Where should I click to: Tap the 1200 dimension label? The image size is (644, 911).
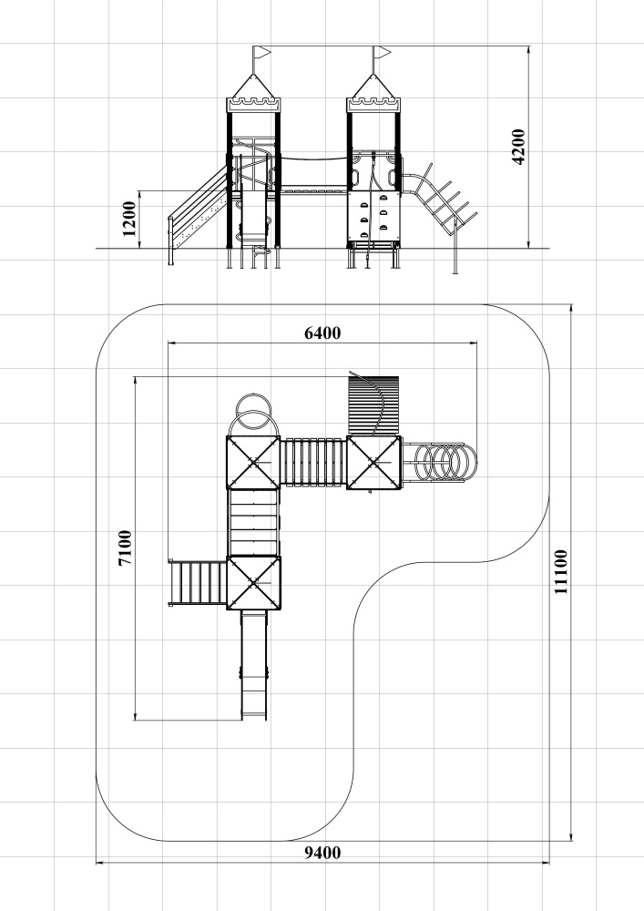pos(129,219)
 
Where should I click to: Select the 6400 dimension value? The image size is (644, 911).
pos(322,333)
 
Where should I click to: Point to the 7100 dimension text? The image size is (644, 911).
pos(125,548)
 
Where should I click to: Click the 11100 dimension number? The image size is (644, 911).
pos(560,572)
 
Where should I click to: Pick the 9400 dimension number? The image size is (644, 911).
pos(322,853)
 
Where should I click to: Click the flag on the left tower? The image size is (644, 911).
pos(262,53)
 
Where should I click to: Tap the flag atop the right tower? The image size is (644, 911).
pos(382,53)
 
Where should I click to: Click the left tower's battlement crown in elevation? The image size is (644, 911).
pos(253,105)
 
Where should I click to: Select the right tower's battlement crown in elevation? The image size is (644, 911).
pos(374,105)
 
